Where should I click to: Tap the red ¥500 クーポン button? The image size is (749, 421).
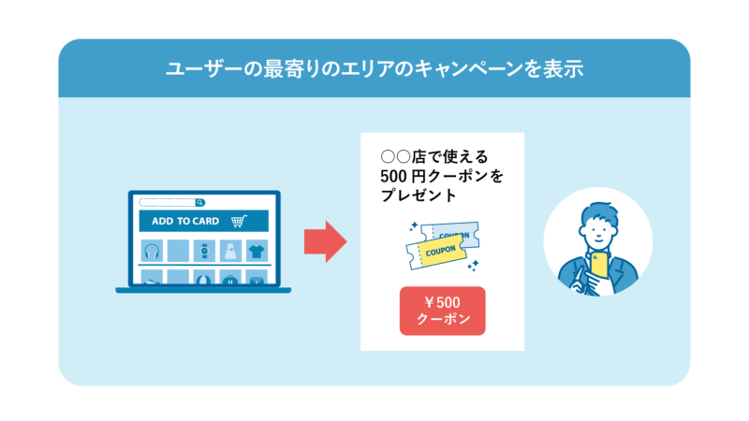(x=443, y=311)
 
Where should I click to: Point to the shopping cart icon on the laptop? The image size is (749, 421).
(x=239, y=222)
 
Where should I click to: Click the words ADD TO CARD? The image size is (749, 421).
(x=185, y=222)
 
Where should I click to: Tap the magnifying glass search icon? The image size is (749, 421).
(x=200, y=202)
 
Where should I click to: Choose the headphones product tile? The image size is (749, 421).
(x=152, y=251)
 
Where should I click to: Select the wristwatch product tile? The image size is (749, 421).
(x=204, y=251)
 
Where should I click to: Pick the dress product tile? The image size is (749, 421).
(x=230, y=251)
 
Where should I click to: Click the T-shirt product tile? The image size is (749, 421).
(x=257, y=251)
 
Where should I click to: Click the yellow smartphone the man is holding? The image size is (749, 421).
(x=598, y=266)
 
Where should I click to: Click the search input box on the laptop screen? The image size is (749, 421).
(x=168, y=202)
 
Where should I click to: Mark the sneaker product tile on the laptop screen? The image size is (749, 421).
(x=152, y=278)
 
